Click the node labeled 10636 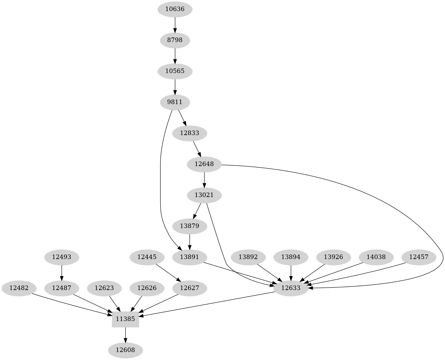(x=175, y=9)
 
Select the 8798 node (x=175, y=40)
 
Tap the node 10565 (x=175, y=71)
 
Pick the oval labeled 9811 (x=175, y=102)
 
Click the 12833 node (x=190, y=133)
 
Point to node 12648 (x=204, y=164)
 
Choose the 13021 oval (x=204, y=195)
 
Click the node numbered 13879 (x=190, y=226)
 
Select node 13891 (x=190, y=257)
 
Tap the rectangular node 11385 (x=125, y=319)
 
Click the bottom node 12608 (x=125, y=350)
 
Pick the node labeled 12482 (x=19, y=288)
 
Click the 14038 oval (x=376, y=257)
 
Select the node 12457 (x=419, y=257)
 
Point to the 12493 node (x=62, y=257)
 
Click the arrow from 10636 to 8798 (x=175, y=25)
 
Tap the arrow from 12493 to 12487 (x=62, y=273)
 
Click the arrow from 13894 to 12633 (x=291, y=273)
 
